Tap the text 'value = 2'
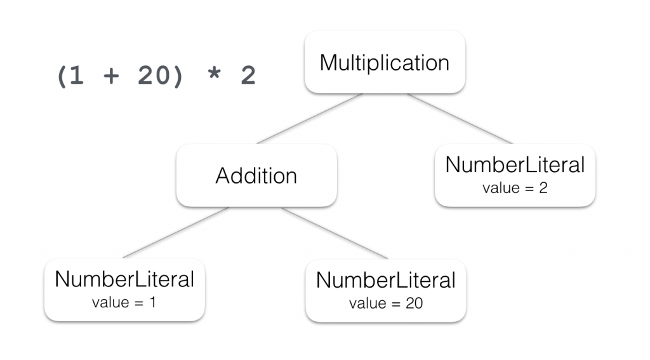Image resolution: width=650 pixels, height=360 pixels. (x=515, y=188)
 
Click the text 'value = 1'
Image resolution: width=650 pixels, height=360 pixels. (x=124, y=302)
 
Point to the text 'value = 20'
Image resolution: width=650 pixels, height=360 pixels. (x=386, y=303)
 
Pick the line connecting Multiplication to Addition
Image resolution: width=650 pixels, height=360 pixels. (x=309, y=119)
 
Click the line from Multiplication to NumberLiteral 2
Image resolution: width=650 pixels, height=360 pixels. (x=460, y=119)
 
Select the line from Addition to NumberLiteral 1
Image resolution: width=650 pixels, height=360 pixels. (x=176, y=232)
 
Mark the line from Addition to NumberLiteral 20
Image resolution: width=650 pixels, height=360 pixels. (x=335, y=232)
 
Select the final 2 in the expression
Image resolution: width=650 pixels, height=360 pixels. (x=248, y=76)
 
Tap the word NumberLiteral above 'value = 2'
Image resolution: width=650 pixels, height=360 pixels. (x=515, y=165)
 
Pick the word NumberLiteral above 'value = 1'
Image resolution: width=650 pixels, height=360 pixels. (x=124, y=279)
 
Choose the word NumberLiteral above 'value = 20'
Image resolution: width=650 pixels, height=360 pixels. (x=386, y=280)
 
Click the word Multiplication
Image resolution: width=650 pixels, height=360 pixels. (x=385, y=63)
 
